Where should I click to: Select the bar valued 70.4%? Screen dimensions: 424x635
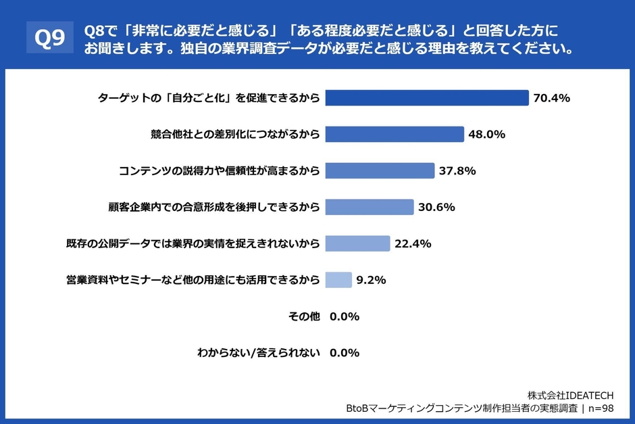(426, 98)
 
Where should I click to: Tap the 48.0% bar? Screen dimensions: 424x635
(395, 134)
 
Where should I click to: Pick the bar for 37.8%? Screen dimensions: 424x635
(380, 170)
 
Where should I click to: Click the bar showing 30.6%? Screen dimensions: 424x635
(370, 207)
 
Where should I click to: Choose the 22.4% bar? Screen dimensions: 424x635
(357, 243)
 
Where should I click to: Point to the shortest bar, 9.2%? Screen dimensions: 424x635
(338, 280)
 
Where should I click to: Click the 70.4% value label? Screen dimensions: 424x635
(552, 98)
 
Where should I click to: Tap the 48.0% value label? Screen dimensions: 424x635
(487, 135)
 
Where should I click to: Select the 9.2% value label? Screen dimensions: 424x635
(372, 280)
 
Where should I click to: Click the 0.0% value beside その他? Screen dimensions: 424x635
(345, 316)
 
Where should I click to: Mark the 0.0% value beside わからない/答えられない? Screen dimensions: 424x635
(345, 352)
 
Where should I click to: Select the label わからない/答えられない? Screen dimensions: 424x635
(258, 352)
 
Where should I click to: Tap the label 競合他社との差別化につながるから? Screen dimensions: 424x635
(235, 135)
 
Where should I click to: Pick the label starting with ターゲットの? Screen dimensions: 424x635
(209, 98)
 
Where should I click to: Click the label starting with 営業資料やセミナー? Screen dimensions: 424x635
(193, 280)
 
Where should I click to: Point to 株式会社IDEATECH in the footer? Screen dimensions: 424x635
(570, 394)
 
